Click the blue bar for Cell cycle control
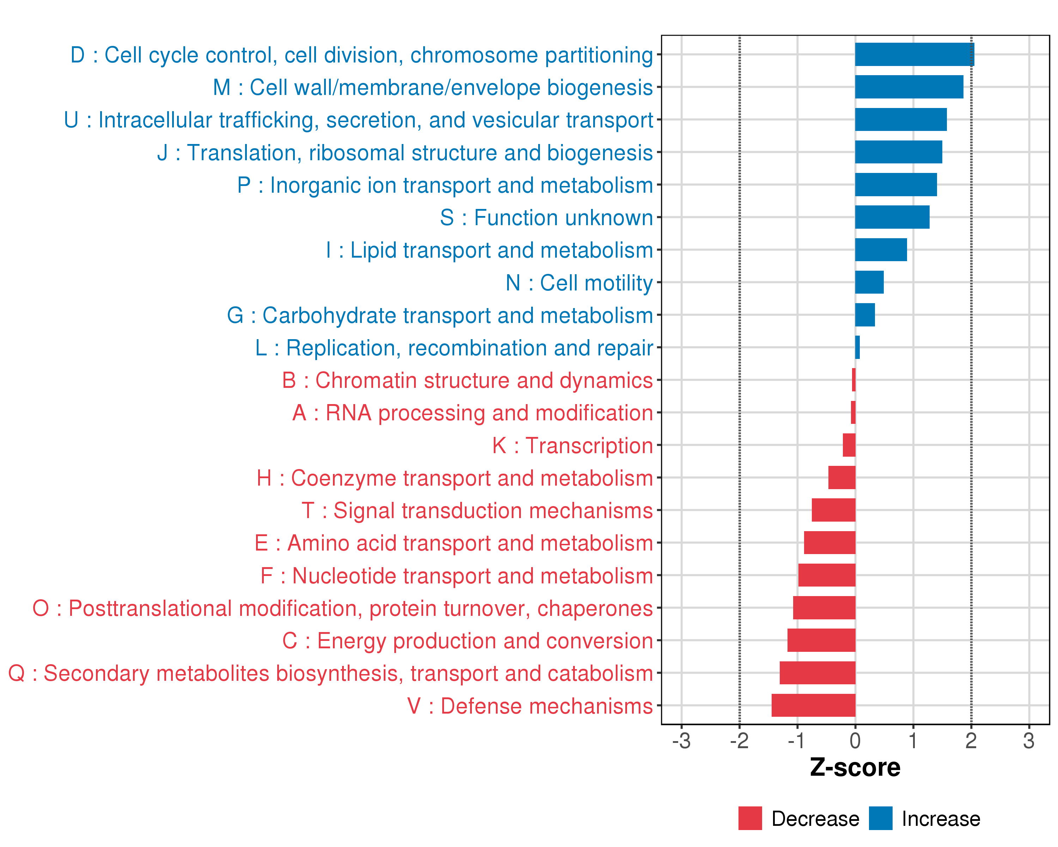(914, 54)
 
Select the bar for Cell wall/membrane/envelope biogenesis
(909, 87)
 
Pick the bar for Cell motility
(869, 282)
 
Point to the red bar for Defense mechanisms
(813, 705)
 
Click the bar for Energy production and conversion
(821, 640)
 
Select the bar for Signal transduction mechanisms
(833, 510)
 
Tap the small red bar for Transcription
(849, 445)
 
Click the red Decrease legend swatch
(750, 818)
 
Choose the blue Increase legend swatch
(880, 818)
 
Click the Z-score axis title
(855, 768)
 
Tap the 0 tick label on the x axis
(855, 741)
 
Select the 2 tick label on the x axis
(971, 741)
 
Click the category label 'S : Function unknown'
(546, 217)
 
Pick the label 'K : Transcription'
(572, 445)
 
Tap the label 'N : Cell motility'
(579, 283)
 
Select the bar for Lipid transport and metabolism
(881, 250)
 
